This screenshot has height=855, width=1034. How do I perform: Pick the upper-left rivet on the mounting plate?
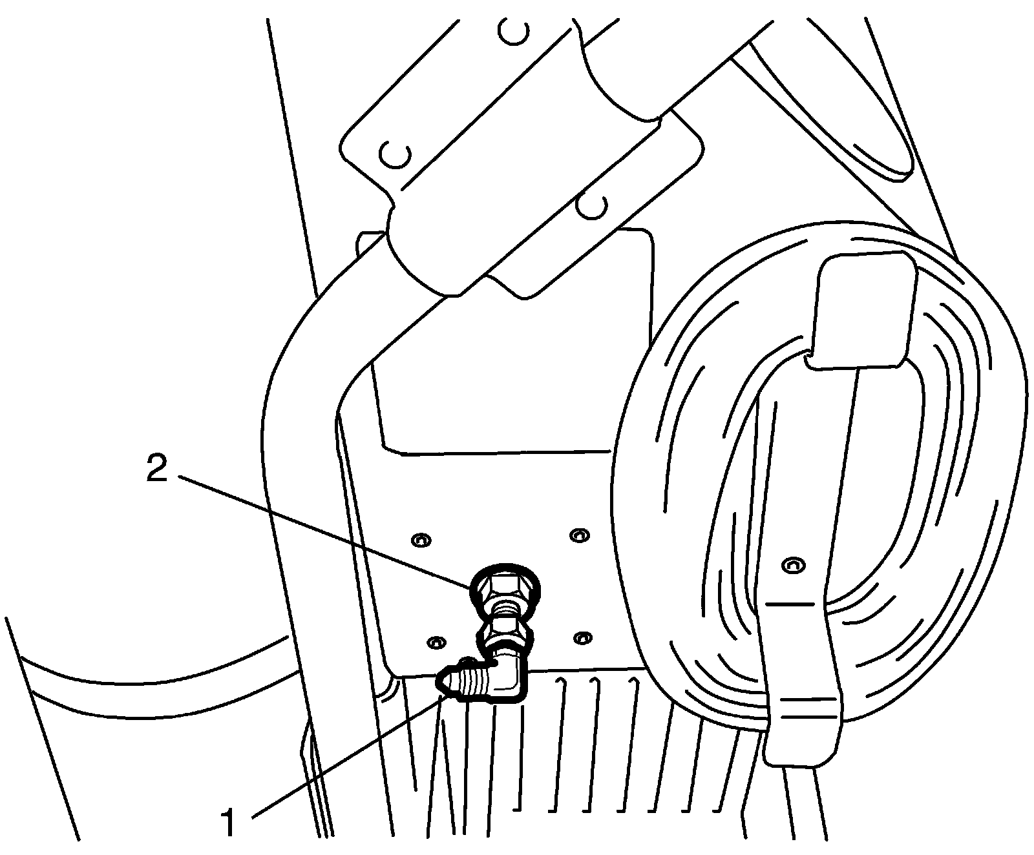[421, 539]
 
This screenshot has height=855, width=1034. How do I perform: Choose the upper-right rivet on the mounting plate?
[578, 535]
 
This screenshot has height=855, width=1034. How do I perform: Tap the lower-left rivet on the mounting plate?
[437, 643]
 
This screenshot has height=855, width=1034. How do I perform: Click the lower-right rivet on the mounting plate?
[583, 638]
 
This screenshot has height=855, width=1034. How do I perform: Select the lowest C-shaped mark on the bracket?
[590, 207]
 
